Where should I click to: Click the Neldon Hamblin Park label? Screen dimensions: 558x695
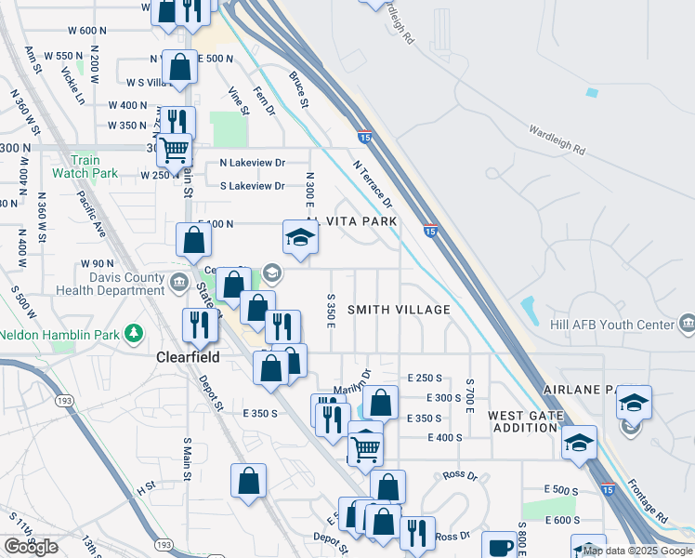pyautogui.click(x=58, y=333)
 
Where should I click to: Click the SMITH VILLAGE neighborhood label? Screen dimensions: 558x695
pyautogui.click(x=399, y=310)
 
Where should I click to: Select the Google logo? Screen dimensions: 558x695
pyautogui.click(x=31, y=547)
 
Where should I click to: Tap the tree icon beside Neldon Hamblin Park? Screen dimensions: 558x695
pyautogui.click(x=135, y=333)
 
